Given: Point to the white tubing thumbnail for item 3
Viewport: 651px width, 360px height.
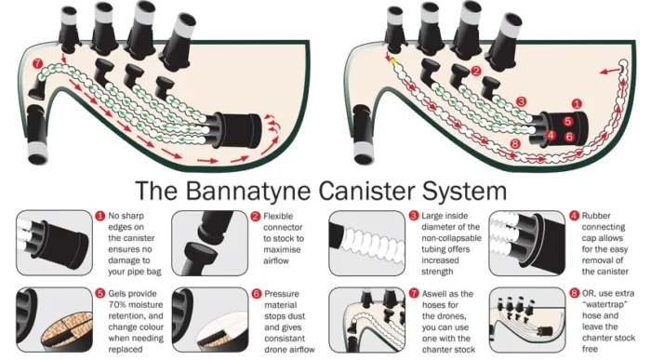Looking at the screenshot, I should pos(365,240).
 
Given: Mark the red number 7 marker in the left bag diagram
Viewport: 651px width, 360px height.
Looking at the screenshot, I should pos(37,63).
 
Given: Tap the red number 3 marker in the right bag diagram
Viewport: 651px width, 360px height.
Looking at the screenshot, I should pos(522,100).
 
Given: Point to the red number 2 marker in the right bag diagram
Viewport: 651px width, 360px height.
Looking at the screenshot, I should pos(474,71).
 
